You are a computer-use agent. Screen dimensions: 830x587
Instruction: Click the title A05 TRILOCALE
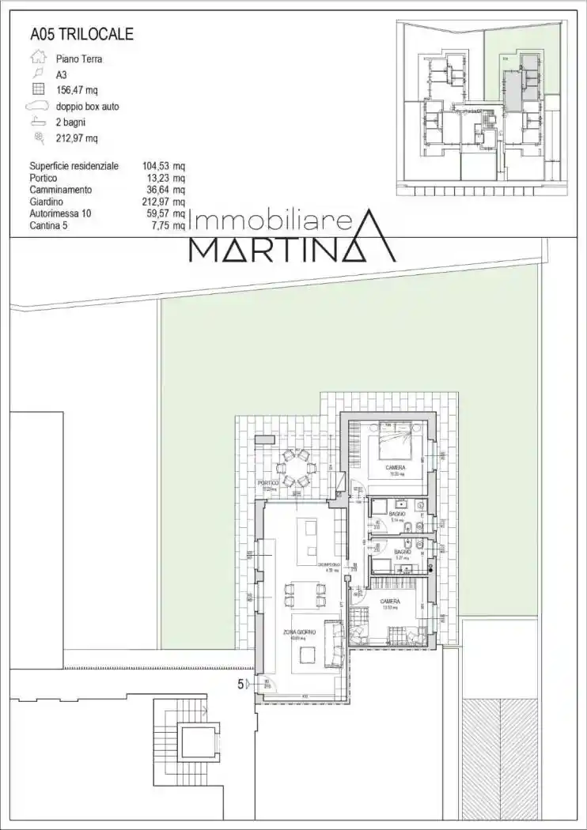81,34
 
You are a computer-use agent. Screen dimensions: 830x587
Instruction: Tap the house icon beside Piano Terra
37,58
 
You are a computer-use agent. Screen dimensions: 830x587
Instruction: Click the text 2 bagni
70,122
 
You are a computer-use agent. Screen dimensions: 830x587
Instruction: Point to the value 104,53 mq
164,166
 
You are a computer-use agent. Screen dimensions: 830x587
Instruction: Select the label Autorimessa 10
60,213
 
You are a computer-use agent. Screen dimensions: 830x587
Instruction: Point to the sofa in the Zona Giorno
337,645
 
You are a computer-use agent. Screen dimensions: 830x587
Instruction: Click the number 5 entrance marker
240,685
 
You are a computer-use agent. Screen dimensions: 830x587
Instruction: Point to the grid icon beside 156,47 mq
37,89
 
